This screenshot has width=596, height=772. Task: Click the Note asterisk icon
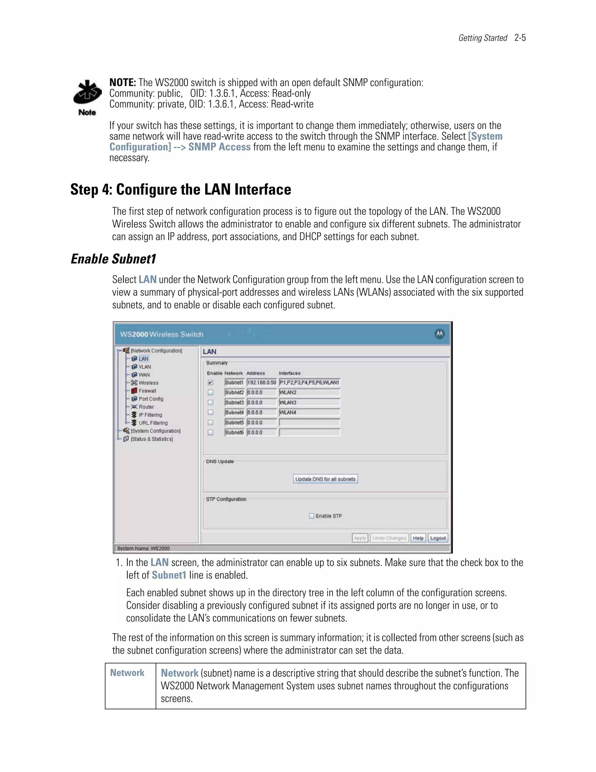coord(87,93)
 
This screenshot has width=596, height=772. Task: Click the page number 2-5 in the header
coord(520,38)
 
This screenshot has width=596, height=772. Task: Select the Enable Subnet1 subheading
coord(113,259)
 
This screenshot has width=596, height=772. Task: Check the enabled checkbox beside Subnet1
coord(210,383)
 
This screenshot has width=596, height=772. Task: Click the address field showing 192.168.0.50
coord(262,383)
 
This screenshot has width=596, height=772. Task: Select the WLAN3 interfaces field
coord(309,403)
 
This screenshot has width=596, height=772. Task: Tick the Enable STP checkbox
coord(311,516)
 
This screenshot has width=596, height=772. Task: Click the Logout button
coord(438,538)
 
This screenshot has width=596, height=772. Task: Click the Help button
coord(418,538)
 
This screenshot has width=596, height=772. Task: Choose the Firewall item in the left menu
coord(147,391)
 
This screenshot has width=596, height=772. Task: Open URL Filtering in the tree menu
coord(153,423)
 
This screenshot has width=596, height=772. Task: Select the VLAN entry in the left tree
coord(144,367)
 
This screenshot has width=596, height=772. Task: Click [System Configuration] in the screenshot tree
coord(155,431)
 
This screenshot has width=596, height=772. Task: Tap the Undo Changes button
coord(389,538)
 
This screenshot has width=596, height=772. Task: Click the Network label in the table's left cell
coord(127,673)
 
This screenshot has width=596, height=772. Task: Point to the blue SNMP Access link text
coord(219,147)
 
